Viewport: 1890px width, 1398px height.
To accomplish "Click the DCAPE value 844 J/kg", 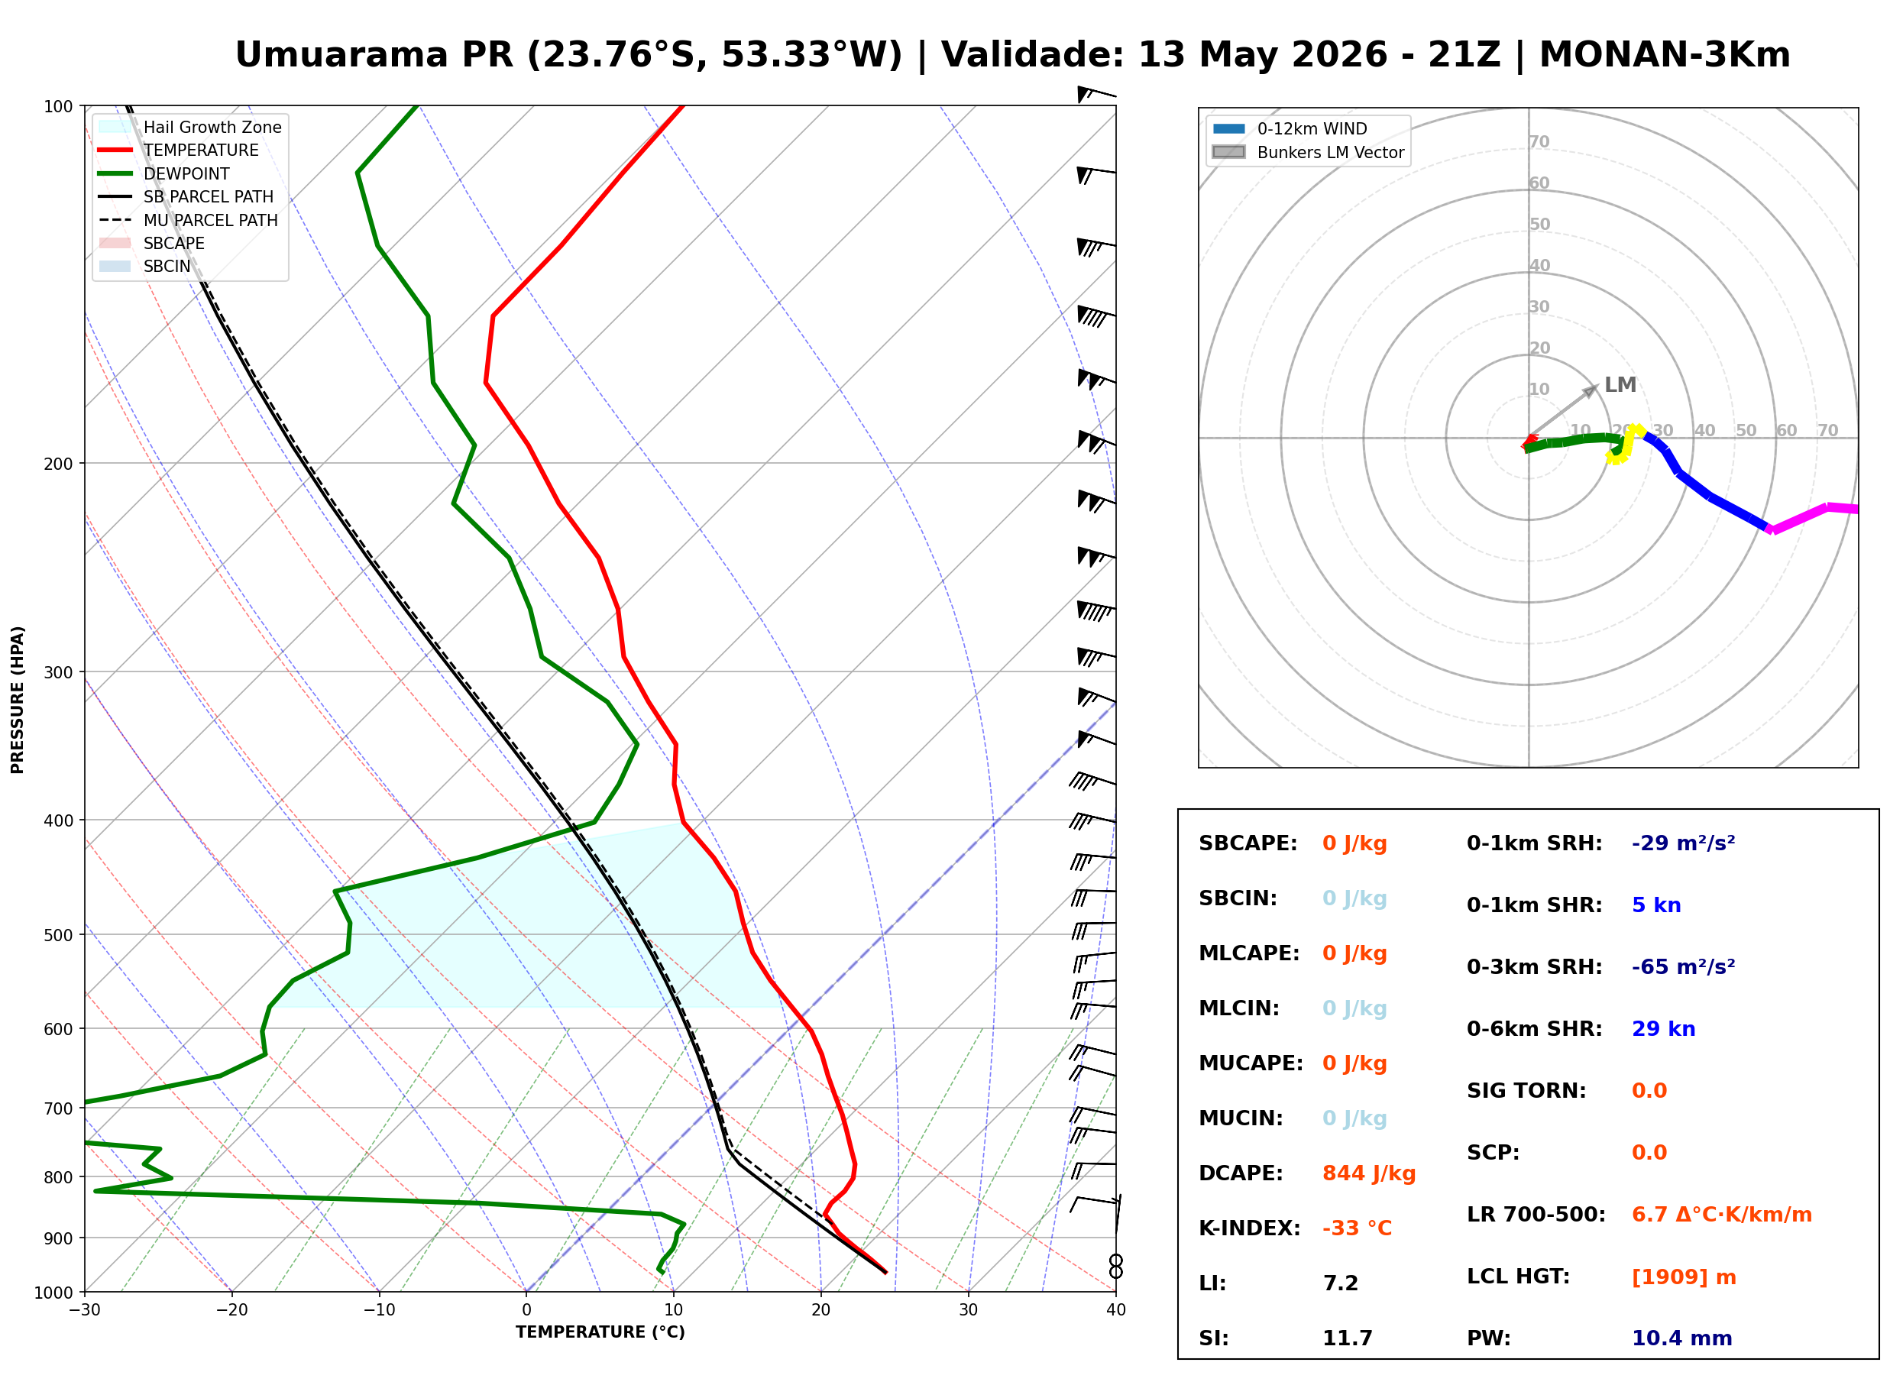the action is tap(1369, 1173).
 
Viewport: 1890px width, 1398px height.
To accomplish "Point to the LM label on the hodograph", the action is tap(1620, 385).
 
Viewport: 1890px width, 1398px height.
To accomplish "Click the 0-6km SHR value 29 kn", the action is tap(1663, 1029).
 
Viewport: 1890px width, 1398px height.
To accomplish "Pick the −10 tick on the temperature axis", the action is tap(379, 1311).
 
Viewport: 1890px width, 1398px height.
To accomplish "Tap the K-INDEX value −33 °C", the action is tap(1357, 1228).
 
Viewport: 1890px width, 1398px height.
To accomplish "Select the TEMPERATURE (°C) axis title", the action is tap(600, 1333).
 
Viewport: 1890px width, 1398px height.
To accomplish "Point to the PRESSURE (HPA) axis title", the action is tap(18, 700).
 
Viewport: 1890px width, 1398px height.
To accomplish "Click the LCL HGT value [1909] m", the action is tap(1684, 1277).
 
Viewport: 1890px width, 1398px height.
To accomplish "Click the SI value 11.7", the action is tap(1347, 1338).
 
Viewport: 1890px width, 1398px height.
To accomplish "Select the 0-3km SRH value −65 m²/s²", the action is tap(1684, 966).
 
